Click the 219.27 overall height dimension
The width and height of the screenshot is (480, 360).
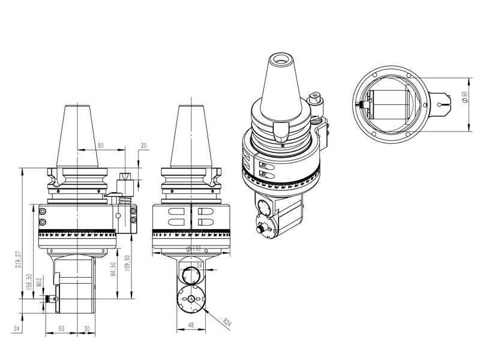[18, 260]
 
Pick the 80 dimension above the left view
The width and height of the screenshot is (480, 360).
[100, 145]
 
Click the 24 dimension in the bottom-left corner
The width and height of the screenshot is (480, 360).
[16, 328]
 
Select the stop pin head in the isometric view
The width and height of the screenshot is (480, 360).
[314, 97]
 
